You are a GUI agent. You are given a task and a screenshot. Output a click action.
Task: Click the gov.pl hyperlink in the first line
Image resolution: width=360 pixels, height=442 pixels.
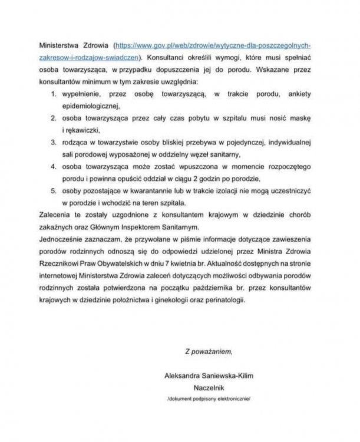tap(217, 45)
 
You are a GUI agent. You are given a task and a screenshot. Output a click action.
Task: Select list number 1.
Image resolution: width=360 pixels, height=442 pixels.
tap(54, 94)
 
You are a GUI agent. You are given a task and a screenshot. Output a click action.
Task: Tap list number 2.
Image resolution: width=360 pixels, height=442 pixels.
tap(54, 118)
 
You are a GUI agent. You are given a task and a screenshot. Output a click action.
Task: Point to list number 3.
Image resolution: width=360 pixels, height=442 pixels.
tap(54, 142)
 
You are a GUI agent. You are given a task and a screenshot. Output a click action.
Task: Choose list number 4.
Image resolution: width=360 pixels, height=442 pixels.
tap(54, 167)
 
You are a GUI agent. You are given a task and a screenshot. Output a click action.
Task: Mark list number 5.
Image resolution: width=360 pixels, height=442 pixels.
tap(54, 191)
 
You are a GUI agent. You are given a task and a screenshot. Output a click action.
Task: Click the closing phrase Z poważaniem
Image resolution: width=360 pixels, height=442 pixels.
tap(208, 352)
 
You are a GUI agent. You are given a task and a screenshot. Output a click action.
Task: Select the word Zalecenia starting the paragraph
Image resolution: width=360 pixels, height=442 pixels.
tap(57, 215)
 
